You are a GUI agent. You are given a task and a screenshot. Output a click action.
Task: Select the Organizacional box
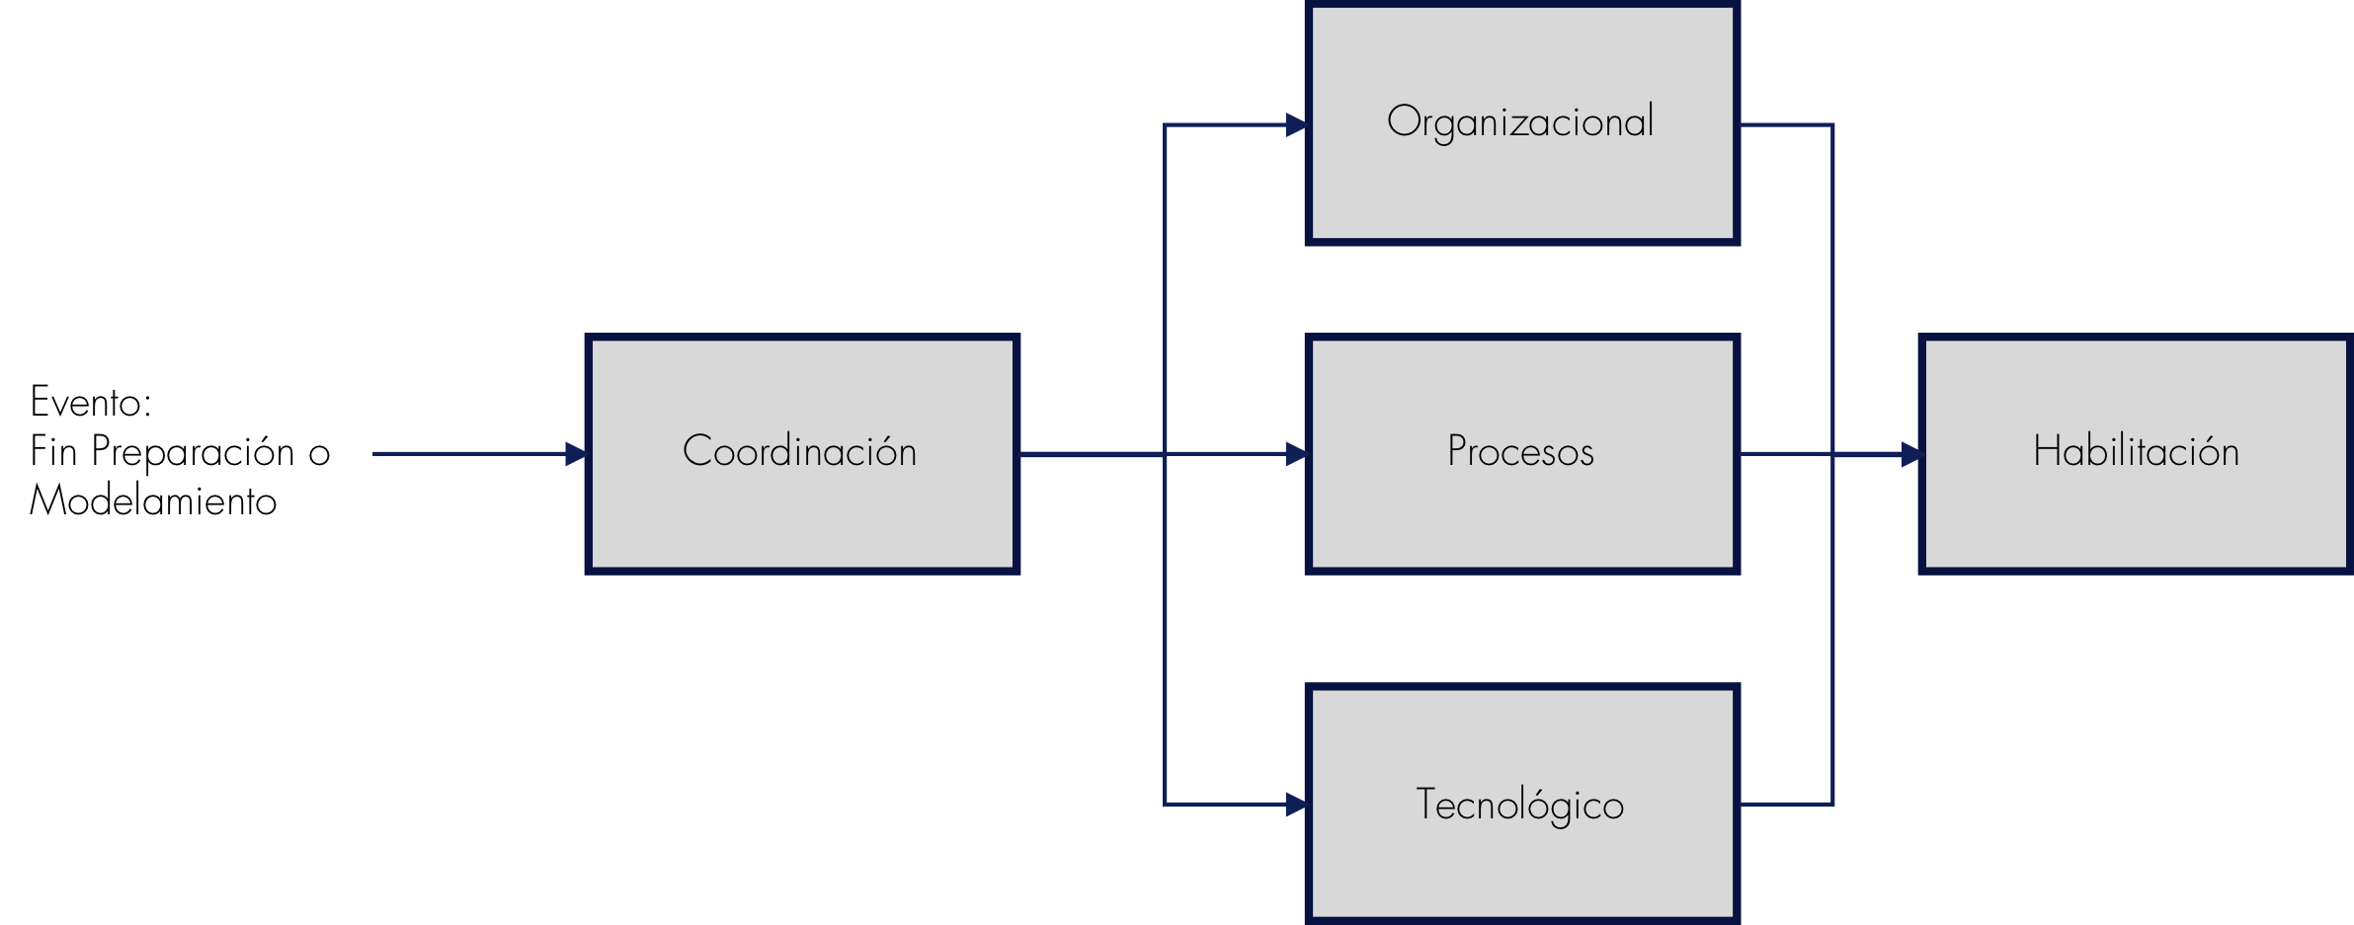[1521, 188]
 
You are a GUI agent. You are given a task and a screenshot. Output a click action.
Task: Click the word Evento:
[91, 402]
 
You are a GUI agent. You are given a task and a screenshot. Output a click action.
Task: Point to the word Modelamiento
[153, 501]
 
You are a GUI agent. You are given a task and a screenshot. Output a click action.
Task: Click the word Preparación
[193, 452]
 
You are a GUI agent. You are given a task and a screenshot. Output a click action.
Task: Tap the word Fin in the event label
[52, 451]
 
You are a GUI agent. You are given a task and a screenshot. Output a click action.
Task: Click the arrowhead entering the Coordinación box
[576, 454]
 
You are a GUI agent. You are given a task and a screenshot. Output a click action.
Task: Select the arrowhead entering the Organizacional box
[1296, 125]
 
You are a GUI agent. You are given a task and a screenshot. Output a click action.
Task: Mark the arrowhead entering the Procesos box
[1296, 454]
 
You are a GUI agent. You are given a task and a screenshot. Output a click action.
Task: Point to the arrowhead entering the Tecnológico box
[1296, 805]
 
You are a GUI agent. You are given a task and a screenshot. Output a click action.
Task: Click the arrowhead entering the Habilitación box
[1910, 454]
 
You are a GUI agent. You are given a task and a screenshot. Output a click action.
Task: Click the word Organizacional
[1520, 122]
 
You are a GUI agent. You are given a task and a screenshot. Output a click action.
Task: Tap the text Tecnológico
[1520, 805]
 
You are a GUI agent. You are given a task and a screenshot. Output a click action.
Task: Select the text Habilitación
[2136, 451]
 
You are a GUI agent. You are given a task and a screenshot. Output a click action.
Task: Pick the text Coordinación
[800, 451]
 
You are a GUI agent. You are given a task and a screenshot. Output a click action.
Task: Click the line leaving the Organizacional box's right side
[1786, 125]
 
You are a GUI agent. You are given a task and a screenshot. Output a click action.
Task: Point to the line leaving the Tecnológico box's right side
[1786, 805]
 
